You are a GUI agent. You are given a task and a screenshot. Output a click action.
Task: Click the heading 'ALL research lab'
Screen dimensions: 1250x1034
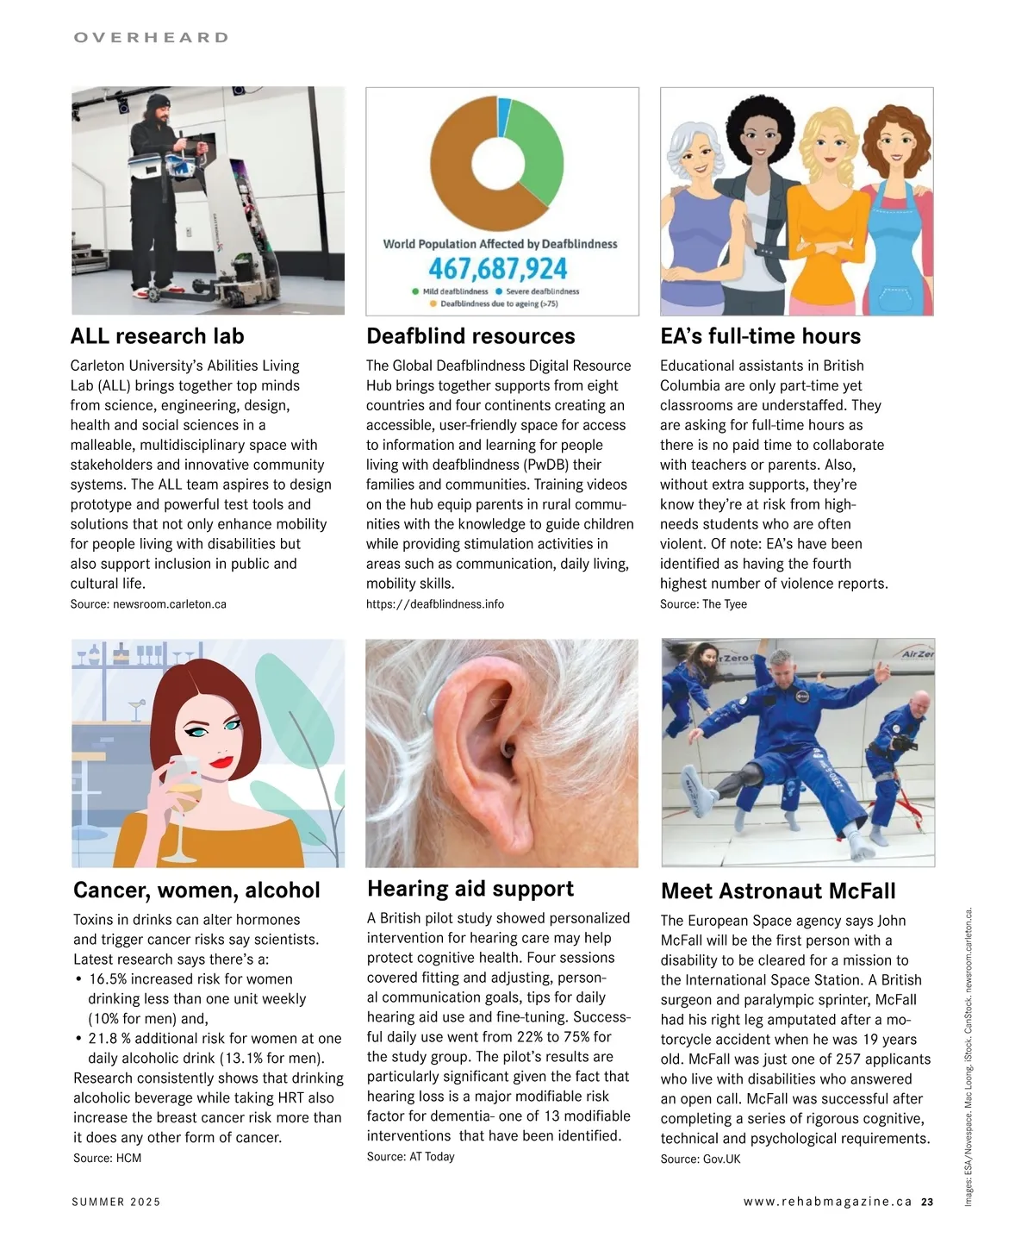(x=157, y=336)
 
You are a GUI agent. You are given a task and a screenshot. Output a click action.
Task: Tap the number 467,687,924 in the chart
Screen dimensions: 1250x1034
(x=498, y=269)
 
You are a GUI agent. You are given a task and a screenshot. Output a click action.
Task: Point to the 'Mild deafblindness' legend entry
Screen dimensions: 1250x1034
(x=450, y=291)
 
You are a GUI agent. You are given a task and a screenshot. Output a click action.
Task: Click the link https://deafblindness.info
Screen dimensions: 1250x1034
(x=435, y=604)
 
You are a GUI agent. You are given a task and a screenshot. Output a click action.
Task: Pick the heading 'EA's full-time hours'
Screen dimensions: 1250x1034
(x=760, y=336)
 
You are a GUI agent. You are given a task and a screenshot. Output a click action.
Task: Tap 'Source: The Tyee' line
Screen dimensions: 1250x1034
(x=703, y=604)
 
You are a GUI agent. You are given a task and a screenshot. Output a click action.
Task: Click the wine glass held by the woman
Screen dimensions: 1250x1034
(x=184, y=793)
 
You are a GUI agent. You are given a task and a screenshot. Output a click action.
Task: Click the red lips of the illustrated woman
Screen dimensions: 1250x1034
(x=221, y=761)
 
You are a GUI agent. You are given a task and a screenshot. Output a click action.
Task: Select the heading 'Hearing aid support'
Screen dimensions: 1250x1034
(x=470, y=889)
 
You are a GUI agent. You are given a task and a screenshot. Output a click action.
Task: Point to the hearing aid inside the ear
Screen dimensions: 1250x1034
(x=508, y=752)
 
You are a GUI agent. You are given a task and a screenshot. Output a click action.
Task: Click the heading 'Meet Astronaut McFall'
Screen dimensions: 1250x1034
(x=778, y=891)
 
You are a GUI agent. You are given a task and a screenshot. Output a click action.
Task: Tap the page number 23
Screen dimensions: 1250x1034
(x=926, y=1202)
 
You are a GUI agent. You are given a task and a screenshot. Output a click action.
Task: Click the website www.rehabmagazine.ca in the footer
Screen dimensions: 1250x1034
(x=827, y=1202)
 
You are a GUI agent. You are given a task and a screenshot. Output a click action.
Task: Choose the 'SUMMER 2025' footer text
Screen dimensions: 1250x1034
(x=116, y=1202)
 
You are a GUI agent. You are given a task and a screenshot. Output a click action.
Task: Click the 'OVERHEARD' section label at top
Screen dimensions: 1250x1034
(x=152, y=38)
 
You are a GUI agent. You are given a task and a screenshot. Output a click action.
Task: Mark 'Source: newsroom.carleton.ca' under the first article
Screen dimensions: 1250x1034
(x=148, y=604)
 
